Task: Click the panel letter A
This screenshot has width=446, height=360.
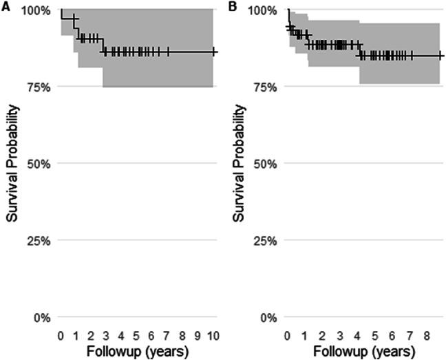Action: tap(6, 6)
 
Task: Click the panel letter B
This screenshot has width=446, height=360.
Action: tap(232, 6)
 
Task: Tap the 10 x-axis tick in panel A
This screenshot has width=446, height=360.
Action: tap(213, 335)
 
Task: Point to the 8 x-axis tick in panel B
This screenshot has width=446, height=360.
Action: tap(427, 335)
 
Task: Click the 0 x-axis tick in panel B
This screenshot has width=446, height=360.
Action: tap(288, 335)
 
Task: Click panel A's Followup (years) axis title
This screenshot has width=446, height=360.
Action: tap(138, 351)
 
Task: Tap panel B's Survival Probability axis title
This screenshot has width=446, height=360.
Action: tap(240, 164)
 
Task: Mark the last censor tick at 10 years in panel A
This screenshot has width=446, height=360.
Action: tap(213, 52)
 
